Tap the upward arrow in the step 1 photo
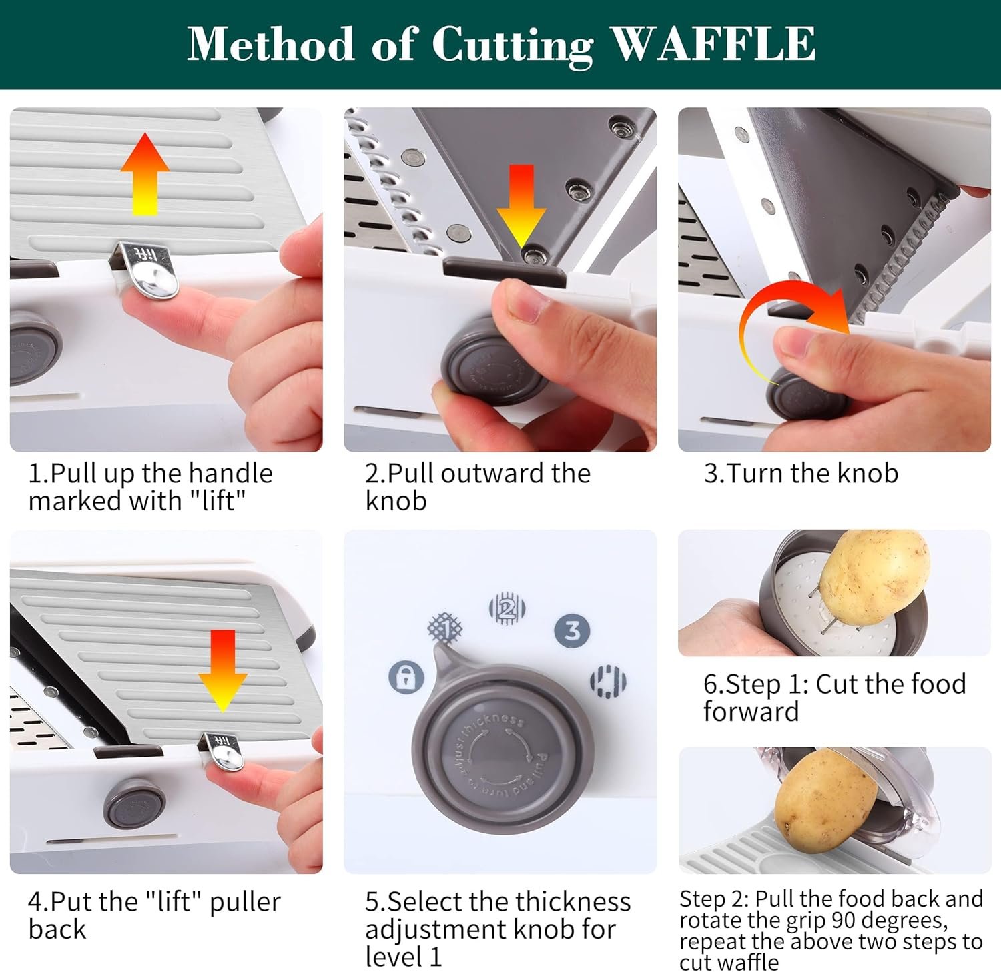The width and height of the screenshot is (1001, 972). pos(145,174)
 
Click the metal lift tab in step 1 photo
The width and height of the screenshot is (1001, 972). pos(150,270)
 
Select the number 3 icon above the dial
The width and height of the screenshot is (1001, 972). pos(573,630)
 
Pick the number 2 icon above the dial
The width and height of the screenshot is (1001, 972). pos(507,608)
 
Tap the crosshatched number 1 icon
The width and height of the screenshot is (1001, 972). pos(446,628)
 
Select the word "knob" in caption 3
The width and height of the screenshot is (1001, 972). pos(868,473)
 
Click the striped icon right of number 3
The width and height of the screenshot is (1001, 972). pos(608,681)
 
